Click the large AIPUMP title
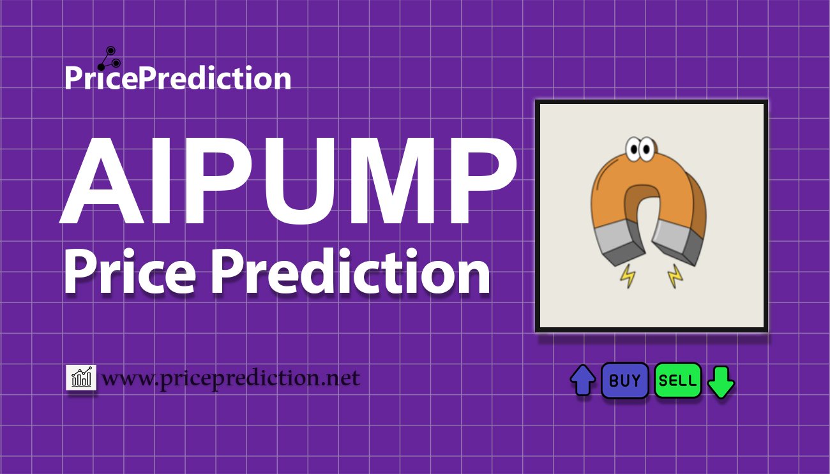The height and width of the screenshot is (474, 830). tap(288, 181)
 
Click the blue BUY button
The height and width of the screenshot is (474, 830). tap(624, 380)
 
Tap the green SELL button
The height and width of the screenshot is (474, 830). tap(677, 380)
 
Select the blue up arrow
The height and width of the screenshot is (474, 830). tap(583, 380)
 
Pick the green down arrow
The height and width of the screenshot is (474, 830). tap(721, 382)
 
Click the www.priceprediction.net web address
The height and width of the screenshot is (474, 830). tap(231, 378)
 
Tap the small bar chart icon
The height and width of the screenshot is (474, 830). tap(81, 377)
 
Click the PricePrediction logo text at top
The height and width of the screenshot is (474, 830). tap(178, 78)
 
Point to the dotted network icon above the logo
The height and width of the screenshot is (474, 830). tap(109, 58)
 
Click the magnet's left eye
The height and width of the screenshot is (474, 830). tap(633, 149)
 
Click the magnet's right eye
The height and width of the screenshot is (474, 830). tap(647, 149)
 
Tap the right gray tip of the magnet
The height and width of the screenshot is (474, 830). tap(678, 243)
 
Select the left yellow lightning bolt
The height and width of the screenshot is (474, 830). tap(628, 276)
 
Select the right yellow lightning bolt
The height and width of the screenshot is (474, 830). tap(675, 276)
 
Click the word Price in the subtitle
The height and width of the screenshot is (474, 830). tap(130, 272)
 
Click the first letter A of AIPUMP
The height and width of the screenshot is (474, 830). tap(102, 181)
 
